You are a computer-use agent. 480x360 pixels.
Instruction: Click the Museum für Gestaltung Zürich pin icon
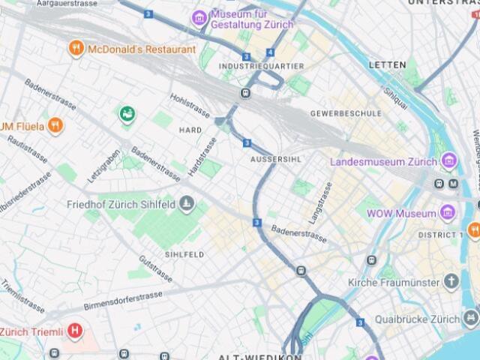199,18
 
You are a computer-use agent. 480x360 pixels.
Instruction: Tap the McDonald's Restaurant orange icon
76,49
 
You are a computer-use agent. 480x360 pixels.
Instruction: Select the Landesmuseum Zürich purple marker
449,160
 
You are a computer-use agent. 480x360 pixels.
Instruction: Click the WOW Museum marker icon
448,213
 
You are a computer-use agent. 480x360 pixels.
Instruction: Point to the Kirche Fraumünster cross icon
451,282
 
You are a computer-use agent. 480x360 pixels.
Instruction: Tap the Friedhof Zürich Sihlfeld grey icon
187,203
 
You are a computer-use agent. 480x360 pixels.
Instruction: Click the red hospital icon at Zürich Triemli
74,330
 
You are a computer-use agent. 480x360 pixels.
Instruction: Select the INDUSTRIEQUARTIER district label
261,67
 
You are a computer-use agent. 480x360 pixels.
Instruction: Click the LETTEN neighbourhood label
387,65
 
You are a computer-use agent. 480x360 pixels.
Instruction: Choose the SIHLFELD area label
184,255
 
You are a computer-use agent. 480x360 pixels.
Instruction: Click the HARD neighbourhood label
190,130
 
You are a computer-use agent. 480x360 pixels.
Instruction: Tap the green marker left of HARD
127,115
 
